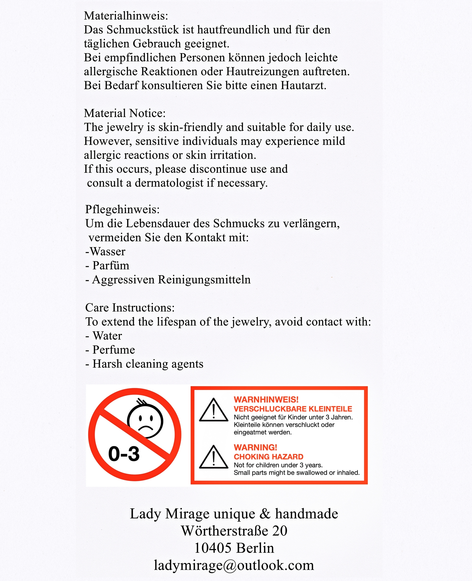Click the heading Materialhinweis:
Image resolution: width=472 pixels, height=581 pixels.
pyautogui.click(x=126, y=16)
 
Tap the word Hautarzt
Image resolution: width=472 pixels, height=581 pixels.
pyautogui.click(x=303, y=86)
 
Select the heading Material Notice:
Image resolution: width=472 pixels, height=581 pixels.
pyautogui.click(x=125, y=113)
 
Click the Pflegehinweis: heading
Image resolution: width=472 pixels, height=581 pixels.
pyautogui.click(x=122, y=209)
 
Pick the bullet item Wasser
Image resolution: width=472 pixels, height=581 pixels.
pyautogui.click(x=107, y=251)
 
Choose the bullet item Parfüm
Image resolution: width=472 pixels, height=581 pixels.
pyautogui.click(x=111, y=266)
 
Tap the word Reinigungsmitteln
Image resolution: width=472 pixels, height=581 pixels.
pyautogui.click(x=204, y=280)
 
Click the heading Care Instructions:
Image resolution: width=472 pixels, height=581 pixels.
pyautogui.click(x=130, y=308)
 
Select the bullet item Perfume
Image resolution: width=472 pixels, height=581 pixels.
pyautogui.click(x=114, y=350)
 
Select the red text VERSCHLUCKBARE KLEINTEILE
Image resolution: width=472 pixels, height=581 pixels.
pyautogui.click(x=293, y=409)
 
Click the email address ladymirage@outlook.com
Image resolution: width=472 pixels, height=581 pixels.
pyautogui.click(x=234, y=565)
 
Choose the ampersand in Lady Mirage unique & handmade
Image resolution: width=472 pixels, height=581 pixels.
pyautogui.click(x=265, y=514)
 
